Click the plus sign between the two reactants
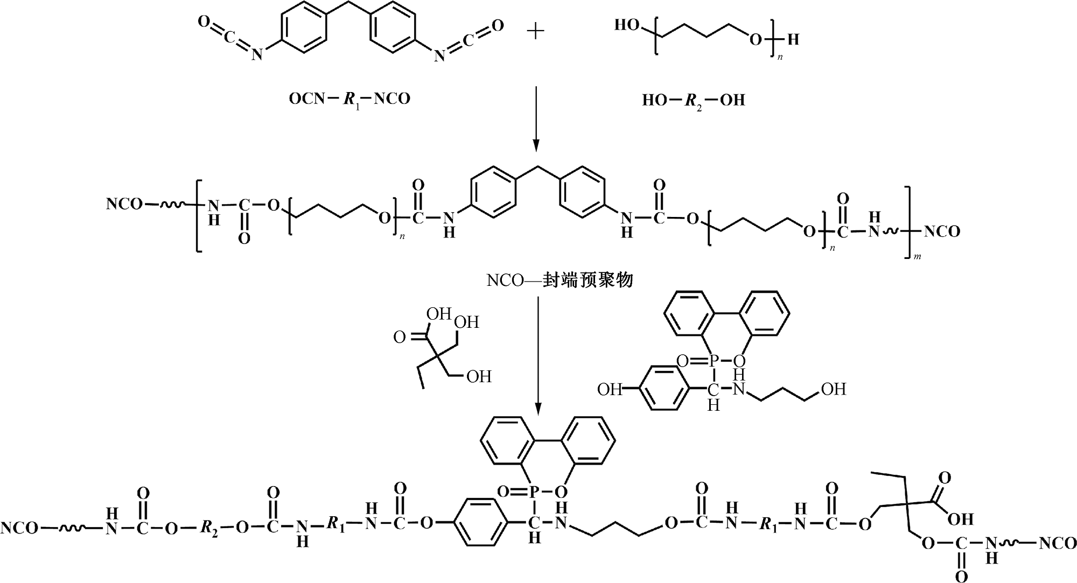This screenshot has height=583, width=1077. click(535, 32)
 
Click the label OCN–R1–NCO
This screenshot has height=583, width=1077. click(349, 99)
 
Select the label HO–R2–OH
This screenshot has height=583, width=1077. click(693, 100)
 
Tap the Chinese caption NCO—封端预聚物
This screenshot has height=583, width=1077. click(560, 280)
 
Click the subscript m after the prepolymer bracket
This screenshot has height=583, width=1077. click(917, 257)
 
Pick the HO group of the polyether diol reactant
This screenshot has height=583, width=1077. click(627, 25)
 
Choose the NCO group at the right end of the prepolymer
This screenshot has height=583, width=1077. click(942, 232)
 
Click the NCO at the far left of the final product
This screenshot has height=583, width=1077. click(19, 528)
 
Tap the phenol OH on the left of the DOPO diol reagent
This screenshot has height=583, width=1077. click(610, 389)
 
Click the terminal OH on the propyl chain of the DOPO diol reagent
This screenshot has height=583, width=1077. click(834, 389)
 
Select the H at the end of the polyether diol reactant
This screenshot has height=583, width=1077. click(793, 39)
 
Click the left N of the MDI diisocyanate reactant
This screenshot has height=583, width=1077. click(257, 55)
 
